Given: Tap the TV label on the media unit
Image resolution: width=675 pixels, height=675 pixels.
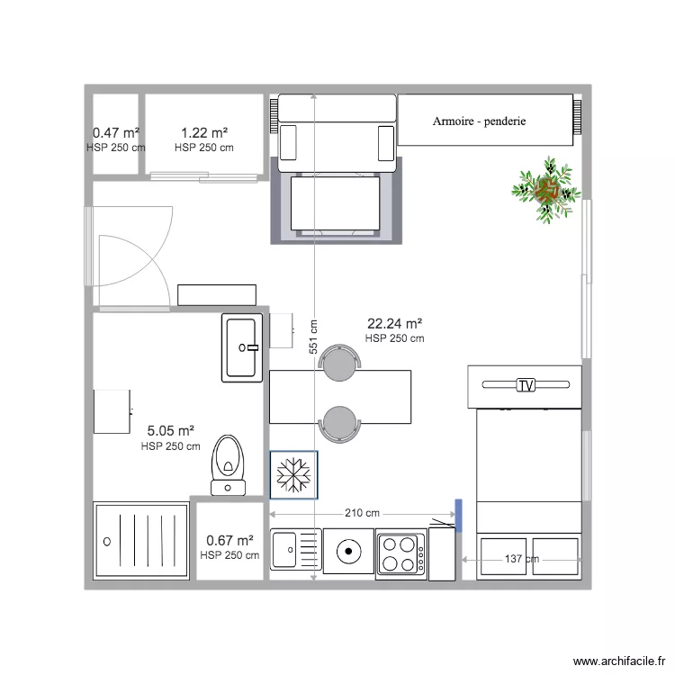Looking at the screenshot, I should coord(526,385).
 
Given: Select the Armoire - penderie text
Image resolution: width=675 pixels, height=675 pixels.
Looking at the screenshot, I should coord(479,121).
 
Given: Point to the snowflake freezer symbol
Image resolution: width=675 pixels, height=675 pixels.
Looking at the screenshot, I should coord(293,474).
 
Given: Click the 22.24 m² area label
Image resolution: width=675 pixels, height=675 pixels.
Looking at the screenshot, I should coord(394,324).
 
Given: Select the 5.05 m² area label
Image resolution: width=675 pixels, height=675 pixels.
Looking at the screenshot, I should coord(170,431).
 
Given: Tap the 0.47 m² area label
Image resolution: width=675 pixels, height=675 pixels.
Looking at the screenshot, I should coord(115,133).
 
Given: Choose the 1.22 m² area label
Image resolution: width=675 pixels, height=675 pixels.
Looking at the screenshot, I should coord(203,133).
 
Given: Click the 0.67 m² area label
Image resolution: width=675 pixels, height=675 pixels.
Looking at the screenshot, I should coord(229,541).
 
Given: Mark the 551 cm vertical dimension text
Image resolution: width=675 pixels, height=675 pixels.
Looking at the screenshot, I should coord(312,337).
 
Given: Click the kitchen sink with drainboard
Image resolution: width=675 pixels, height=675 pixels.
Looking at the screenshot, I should coord(295,550).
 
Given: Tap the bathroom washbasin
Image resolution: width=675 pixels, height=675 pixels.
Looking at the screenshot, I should coord(242,347).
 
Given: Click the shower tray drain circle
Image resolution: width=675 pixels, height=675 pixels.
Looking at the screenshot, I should coord(108,541).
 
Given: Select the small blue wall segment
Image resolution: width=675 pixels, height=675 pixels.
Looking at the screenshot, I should coord(458,516).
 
